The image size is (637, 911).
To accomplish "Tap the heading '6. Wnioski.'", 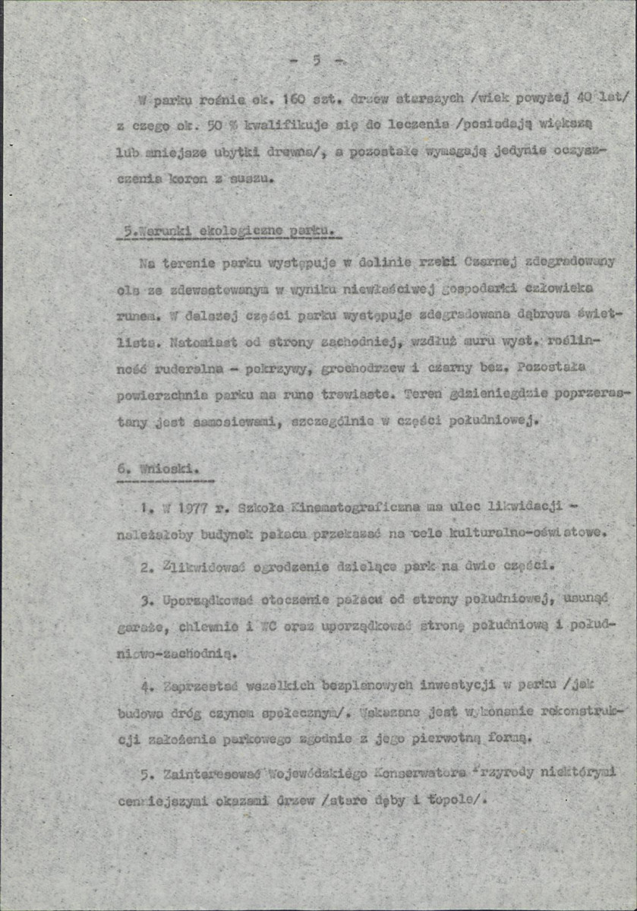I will tap(158, 470).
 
